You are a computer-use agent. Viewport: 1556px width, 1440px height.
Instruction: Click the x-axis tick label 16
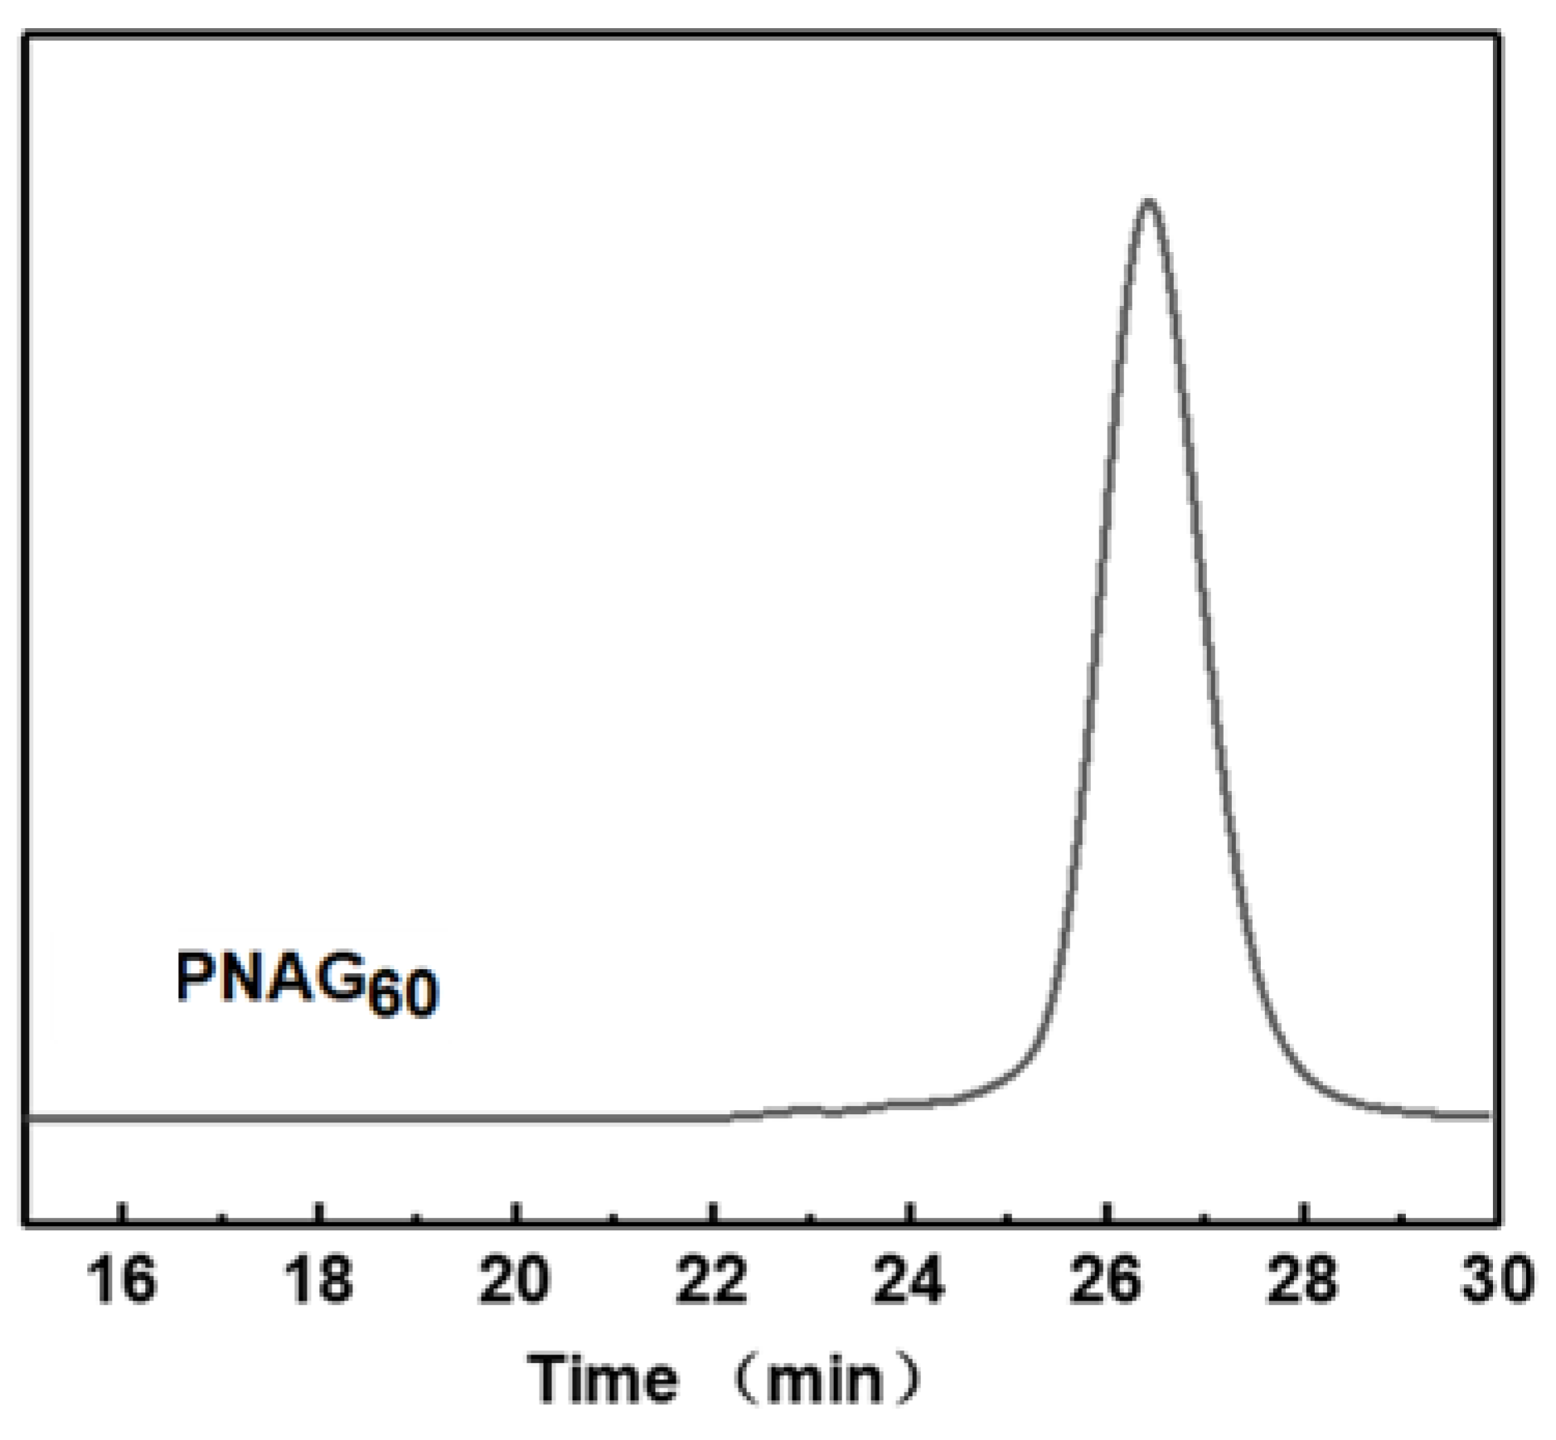coord(121,1278)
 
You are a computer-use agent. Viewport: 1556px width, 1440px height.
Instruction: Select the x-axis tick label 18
coord(318,1278)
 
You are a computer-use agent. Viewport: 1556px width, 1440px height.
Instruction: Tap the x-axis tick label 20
coord(515,1278)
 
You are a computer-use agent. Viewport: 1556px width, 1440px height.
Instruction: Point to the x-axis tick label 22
coord(711,1278)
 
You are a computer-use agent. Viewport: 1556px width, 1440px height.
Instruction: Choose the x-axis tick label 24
coord(909,1278)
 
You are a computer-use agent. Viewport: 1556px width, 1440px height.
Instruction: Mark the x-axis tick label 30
coord(1497,1278)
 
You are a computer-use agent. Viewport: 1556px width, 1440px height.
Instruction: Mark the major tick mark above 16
coord(122,1211)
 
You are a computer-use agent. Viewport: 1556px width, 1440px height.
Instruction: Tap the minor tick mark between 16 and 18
coord(221,1216)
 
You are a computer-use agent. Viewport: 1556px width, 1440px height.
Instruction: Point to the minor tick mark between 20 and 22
coord(614,1216)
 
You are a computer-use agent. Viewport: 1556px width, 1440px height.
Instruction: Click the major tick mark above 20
coord(516,1211)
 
